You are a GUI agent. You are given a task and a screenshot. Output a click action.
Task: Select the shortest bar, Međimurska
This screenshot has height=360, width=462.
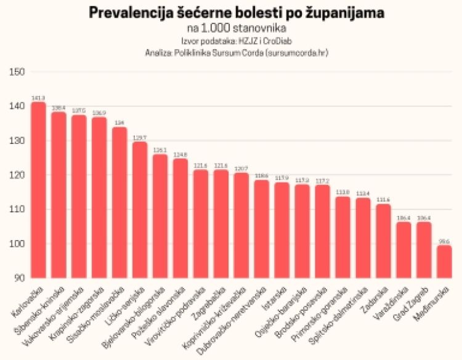(444, 262)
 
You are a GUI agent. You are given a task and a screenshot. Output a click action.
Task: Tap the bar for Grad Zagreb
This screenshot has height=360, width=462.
(424, 250)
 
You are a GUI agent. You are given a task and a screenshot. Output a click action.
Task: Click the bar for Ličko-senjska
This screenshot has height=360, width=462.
(140, 210)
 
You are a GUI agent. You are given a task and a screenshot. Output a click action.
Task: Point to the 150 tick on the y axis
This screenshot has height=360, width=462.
(17, 72)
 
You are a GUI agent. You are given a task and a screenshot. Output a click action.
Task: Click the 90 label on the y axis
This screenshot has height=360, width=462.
(19, 278)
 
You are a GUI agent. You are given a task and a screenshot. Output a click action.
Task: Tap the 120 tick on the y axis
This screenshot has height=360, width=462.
(17, 175)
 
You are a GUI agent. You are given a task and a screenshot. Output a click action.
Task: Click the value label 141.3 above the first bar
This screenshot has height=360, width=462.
(38, 98)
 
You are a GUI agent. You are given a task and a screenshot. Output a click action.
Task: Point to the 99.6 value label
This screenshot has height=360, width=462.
(444, 241)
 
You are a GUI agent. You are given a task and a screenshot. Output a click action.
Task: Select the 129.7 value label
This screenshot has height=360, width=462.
(140, 138)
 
